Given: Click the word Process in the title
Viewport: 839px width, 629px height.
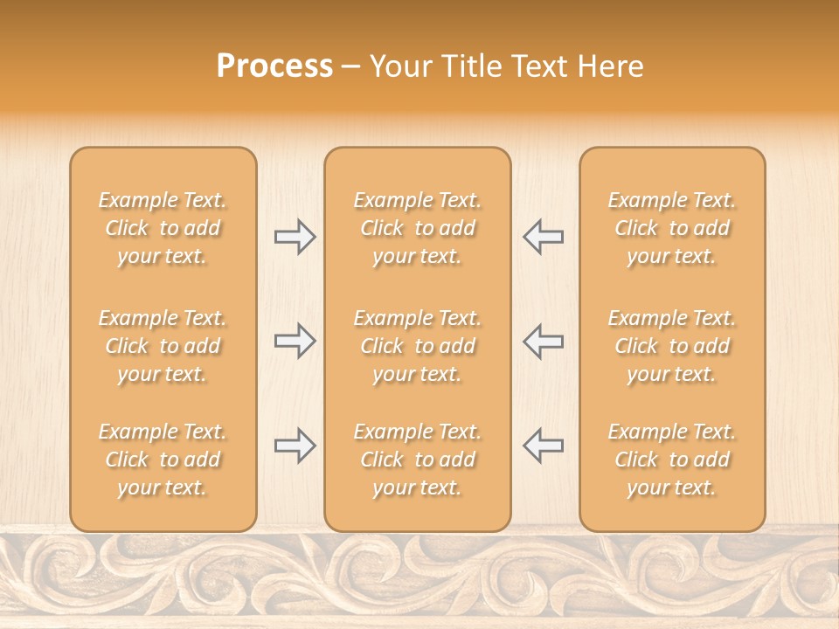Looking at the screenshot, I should click(274, 66).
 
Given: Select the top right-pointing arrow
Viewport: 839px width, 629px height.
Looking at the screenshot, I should click(295, 237).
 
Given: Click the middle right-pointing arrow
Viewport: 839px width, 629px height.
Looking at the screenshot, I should click(295, 341).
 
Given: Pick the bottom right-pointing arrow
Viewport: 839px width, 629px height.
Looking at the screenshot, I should click(295, 446).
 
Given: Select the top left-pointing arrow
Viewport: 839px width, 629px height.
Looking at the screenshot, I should click(543, 237).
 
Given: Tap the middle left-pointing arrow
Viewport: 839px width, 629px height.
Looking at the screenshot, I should click(543, 341).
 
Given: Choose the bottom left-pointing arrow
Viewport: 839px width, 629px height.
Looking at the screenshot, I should click(543, 446).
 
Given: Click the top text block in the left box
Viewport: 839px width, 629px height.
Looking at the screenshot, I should click(163, 228).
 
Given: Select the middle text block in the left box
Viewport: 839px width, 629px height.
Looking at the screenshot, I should click(163, 346).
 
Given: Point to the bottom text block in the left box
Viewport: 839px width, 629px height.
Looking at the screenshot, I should click(163, 460).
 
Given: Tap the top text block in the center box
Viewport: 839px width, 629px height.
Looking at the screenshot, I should click(418, 228).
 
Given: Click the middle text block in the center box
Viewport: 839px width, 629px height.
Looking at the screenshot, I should click(418, 346).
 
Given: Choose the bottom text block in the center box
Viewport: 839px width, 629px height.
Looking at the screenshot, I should click(418, 460).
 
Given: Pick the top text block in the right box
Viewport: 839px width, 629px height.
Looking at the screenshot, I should click(672, 228).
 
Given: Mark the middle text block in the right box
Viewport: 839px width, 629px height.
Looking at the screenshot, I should click(672, 346).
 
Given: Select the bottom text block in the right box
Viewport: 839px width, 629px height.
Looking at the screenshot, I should click(672, 460).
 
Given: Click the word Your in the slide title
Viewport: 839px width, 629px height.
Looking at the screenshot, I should click(401, 66).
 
